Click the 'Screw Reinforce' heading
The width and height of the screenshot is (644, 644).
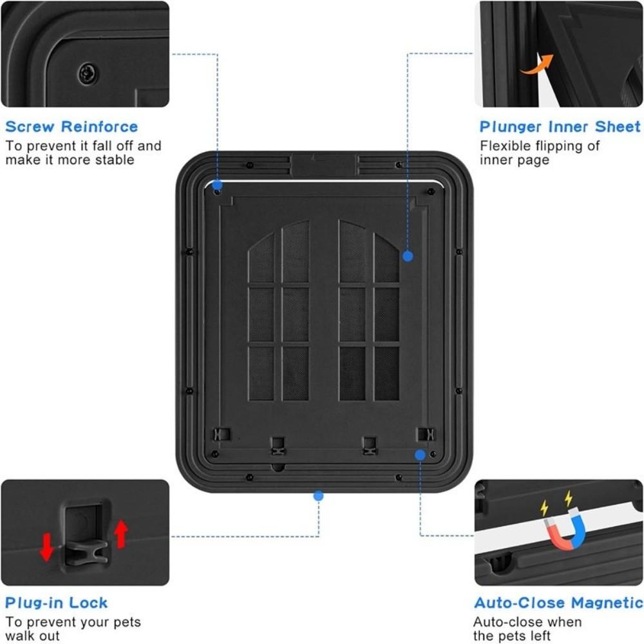click(x=71, y=126)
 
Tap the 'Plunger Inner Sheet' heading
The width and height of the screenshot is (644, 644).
click(x=560, y=126)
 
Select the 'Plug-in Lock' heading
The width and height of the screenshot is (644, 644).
click(x=56, y=603)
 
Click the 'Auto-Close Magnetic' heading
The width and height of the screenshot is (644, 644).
click(x=558, y=603)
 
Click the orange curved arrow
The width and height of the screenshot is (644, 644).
click(x=538, y=64)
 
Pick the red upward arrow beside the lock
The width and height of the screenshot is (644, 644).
click(x=121, y=533)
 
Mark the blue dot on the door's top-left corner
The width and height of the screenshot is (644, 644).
click(x=218, y=184)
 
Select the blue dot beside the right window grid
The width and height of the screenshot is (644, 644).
click(x=407, y=256)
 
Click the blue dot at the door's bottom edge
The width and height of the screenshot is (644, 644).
click(x=317, y=495)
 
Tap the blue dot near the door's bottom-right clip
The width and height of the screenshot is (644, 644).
click(x=420, y=455)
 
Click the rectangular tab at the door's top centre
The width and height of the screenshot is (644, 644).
click(x=323, y=165)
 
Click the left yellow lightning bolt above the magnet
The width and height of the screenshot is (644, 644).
click(x=545, y=507)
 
